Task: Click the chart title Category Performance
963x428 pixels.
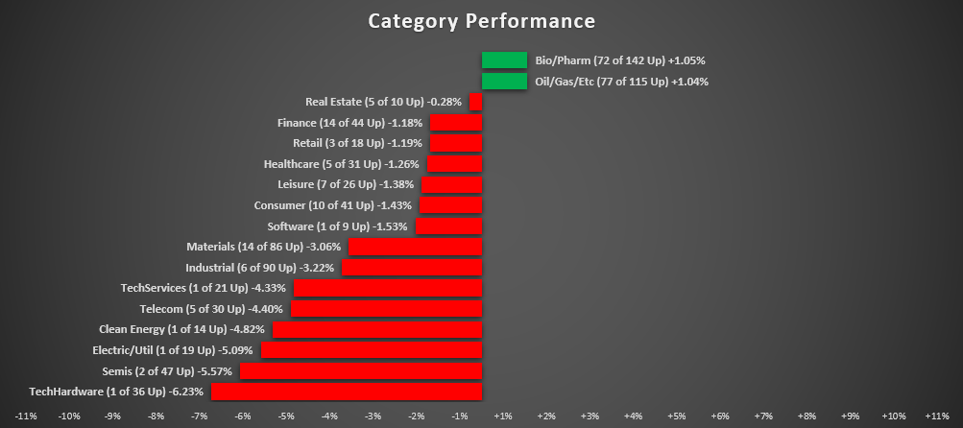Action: point(481,21)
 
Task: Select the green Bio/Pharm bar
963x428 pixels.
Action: point(505,60)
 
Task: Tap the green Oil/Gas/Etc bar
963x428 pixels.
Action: point(505,82)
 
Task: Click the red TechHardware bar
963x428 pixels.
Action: point(347,392)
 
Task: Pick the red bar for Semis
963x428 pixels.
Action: point(361,370)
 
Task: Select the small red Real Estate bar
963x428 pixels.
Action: point(476,102)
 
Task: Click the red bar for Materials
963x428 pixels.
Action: point(416,247)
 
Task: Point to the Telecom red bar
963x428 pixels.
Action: point(387,309)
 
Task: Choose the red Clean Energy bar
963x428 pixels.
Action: point(377,329)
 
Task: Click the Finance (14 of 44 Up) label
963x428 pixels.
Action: point(349,123)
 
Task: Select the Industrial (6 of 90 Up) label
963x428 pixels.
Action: point(259,268)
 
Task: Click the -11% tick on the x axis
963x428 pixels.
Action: point(26,416)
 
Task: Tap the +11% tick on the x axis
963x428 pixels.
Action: point(936,416)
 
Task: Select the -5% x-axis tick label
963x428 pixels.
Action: point(286,416)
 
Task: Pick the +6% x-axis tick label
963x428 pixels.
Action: point(719,416)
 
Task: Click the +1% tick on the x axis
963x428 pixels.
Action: point(502,416)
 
